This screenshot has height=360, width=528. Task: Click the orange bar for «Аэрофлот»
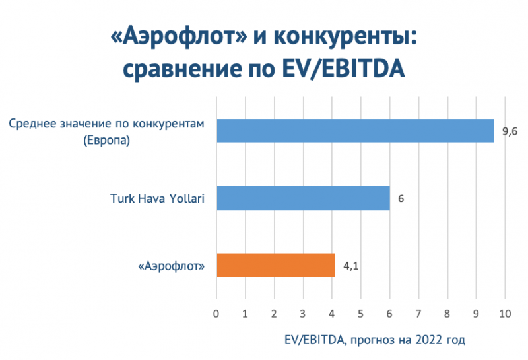coord(276,266)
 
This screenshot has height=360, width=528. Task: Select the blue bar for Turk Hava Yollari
coord(303,198)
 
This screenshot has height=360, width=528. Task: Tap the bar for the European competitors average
coord(355,131)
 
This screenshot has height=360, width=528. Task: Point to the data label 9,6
coord(510,132)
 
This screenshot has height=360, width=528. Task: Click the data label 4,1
coord(350,266)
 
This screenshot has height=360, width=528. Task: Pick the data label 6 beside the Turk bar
coord(401,198)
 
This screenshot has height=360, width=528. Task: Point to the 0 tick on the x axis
coord(216,312)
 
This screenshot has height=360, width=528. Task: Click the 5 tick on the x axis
coord(361,312)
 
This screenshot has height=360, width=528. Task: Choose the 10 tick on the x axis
coord(505,312)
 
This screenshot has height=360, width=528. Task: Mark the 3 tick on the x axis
coord(303,312)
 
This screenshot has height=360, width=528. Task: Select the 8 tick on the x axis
coord(447,312)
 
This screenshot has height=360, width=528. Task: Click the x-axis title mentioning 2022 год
coord(374,340)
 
